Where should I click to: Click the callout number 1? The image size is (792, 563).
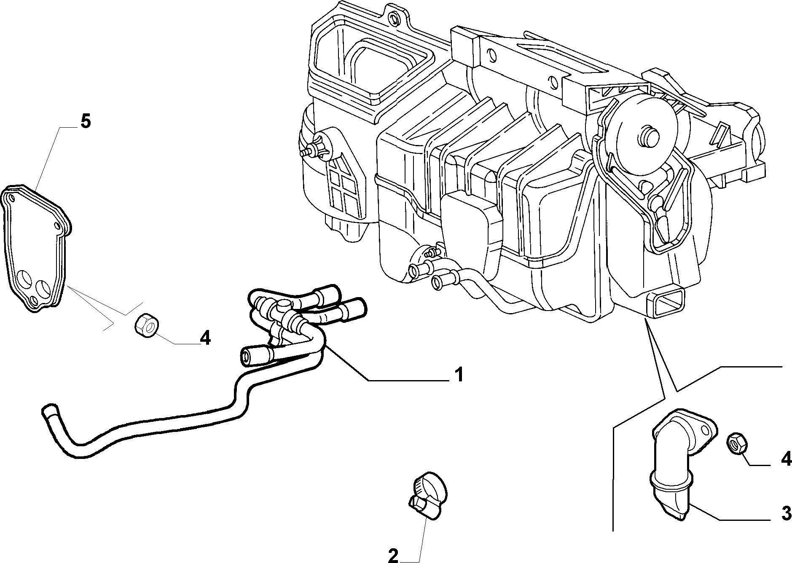click(459, 374)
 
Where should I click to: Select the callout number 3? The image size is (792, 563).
click(786, 514)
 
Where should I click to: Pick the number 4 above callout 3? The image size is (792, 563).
click(786, 458)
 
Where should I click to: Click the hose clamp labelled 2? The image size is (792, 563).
click(426, 494)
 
